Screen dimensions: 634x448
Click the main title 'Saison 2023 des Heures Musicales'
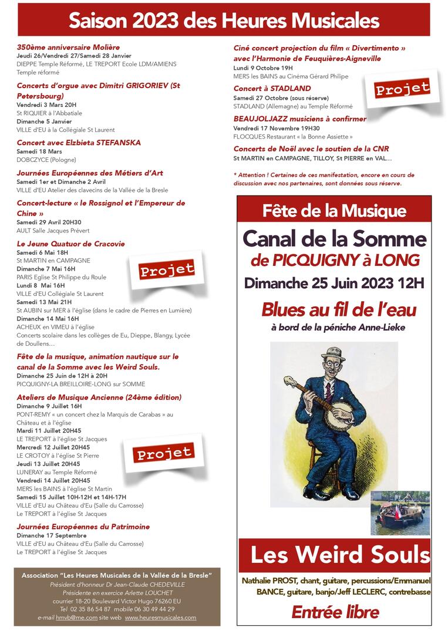[x=224, y=21]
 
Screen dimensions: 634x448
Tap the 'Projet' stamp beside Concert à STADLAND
[x=402, y=89]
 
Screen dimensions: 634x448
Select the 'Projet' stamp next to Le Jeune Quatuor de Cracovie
[x=166, y=269]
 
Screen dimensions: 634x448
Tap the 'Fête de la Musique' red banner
[x=334, y=211]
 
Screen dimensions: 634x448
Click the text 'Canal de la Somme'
[x=334, y=238]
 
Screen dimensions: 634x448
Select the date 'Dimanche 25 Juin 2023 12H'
[x=334, y=283]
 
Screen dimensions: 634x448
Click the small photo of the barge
[x=400, y=513]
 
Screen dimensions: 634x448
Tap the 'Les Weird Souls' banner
[x=340, y=555]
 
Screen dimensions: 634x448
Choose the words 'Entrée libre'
[x=335, y=612]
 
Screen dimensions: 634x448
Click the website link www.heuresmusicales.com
[x=160, y=618]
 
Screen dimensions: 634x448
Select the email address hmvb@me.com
[x=70, y=618]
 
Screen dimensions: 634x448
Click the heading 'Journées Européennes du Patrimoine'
[x=83, y=527]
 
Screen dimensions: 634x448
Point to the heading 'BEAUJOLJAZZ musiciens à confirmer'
[x=299, y=119]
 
